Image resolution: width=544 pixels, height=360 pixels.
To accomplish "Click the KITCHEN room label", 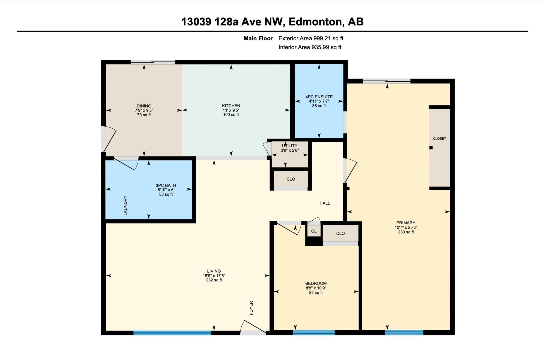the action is click(x=231, y=106).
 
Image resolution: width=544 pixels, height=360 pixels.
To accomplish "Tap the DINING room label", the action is click(x=144, y=106).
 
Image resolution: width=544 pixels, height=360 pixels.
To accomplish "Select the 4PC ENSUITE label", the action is click(x=319, y=97).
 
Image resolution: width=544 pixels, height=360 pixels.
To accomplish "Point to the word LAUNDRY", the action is click(x=125, y=205).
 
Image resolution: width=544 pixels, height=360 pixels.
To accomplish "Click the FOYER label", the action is click(x=251, y=308).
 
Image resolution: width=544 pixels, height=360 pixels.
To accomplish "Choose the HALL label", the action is click(x=325, y=203).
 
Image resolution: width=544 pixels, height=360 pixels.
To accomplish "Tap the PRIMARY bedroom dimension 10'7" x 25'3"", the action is click(x=406, y=227).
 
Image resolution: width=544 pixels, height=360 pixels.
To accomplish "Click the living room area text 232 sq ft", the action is click(x=214, y=280).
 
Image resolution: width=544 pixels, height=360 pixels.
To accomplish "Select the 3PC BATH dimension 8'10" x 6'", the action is click(x=166, y=190).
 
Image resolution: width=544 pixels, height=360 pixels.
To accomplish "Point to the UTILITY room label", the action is click(x=290, y=146).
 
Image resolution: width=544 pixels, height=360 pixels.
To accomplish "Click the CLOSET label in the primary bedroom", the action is click(x=439, y=139).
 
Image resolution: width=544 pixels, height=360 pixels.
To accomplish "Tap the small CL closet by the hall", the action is click(x=314, y=231).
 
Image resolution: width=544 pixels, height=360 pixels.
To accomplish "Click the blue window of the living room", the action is click(x=172, y=333).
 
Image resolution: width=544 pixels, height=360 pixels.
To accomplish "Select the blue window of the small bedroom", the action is click(x=314, y=333).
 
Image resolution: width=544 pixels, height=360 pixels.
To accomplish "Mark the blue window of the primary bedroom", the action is click(x=404, y=333).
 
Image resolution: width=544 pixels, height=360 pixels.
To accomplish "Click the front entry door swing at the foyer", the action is click(x=253, y=327).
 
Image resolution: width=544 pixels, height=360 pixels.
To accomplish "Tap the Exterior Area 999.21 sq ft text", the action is click(x=311, y=38).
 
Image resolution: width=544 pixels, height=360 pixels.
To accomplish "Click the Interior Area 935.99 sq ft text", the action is click(x=310, y=47).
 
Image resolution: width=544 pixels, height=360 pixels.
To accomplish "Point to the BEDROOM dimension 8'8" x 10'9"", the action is click(x=316, y=288).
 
